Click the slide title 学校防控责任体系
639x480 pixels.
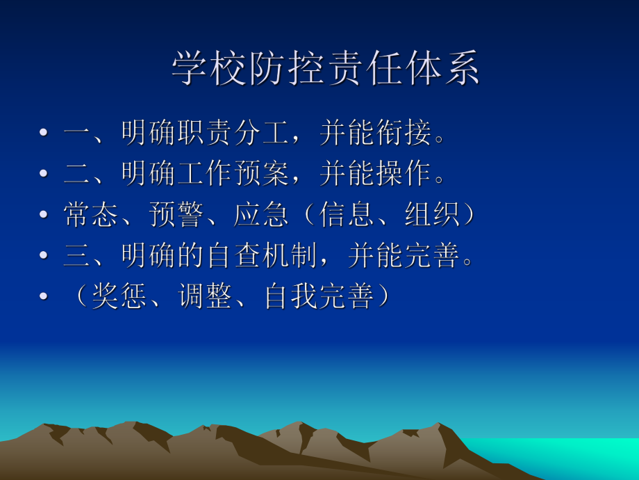pyautogui.click(x=326, y=70)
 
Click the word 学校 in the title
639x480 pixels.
pyautogui.click(x=210, y=70)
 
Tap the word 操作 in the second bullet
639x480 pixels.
pyautogui.click(x=404, y=175)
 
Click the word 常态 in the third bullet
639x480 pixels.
pyautogui.click(x=92, y=215)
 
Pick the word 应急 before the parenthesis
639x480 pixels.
pyautogui.click(x=262, y=215)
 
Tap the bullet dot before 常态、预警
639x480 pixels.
pyautogui.click(x=44, y=216)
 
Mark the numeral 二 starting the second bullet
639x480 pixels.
pyautogui.click(x=77, y=175)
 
